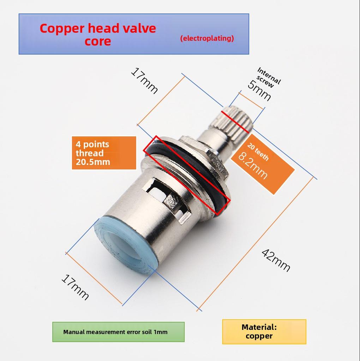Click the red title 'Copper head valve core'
(x=98, y=35)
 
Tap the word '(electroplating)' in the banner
(x=207, y=38)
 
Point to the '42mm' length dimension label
(x=276, y=260)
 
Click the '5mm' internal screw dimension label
(x=259, y=91)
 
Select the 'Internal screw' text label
(x=268, y=77)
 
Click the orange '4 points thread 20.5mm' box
(x=104, y=153)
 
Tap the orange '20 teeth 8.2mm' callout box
(x=263, y=164)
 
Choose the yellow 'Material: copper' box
(x=264, y=331)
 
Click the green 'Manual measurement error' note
(x=119, y=332)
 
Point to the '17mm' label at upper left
(x=144, y=81)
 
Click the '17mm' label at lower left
(x=75, y=287)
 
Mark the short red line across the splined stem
(x=235, y=122)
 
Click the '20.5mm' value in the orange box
(x=93, y=162)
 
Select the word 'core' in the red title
(x=98, y=41)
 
